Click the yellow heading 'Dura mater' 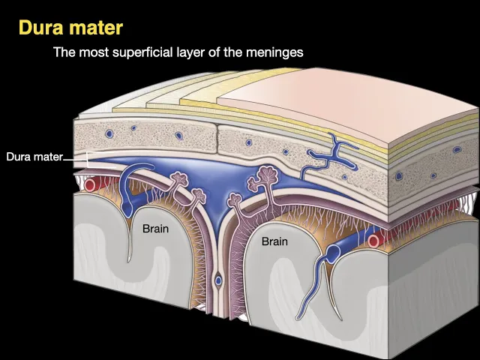70,28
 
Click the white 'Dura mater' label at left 34,157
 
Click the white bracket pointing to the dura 87,158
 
